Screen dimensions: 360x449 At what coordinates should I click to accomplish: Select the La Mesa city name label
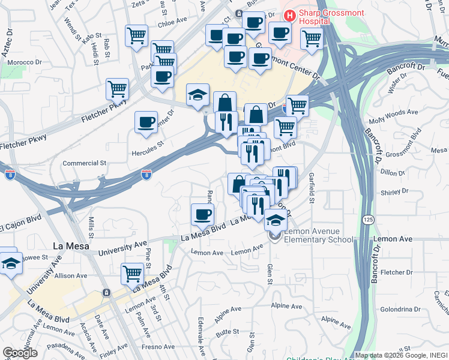pyautogui.click(x=71, y=245)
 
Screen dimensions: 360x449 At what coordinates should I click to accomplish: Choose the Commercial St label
pyautogui.click(x=85, y=163)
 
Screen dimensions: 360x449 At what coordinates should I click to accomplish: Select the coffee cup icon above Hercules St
pyautogui.click(x=146, y=122)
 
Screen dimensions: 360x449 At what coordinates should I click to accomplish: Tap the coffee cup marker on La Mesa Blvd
pyautogui.click(x=202, y=214)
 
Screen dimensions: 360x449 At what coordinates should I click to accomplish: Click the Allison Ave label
pyautogui.click(x=71, y=275)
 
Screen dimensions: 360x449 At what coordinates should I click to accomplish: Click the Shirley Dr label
pyautogui.click(x=394, y=192)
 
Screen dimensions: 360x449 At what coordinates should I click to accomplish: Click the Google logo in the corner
pyautogui.click(x=20, y=353)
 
